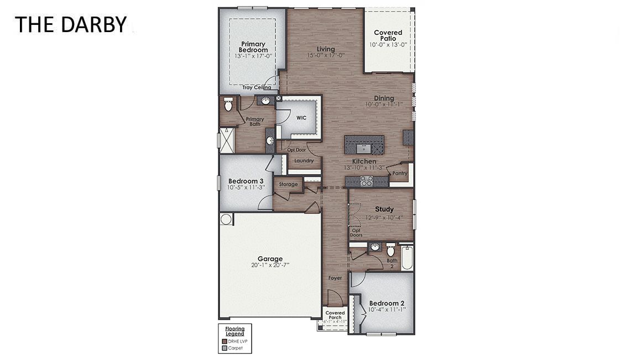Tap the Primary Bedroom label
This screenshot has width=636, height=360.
pyautogui.click(x=253, y=47)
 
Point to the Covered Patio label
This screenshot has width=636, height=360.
pyautogui.click(x=388, y=35)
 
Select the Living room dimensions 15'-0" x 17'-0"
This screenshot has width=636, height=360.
pyautogui.click(x=326, y=55)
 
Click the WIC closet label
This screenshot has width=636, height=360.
pyautogui.click(x=301, y=118)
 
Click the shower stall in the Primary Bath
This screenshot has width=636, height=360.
pyautogui.click(x=227, y=139)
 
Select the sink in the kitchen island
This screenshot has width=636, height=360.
pyautogui.click(x=364, y=147)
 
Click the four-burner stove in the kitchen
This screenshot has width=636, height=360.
pyautogui.click(x=366, y=180)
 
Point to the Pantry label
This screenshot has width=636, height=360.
pyautogui.click(x=399, y=174)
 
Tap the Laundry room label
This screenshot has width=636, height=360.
pyautogui.click(x=304, y=161)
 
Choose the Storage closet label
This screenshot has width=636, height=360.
pyautogui.click(x=288, y=184)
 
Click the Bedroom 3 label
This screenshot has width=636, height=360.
pyautogui.click(x=246, y=181)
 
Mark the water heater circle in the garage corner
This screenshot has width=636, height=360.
pyautogui.click(x=226, y=220)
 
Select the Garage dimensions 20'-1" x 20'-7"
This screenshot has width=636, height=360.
pyautogui.click(x=270, y=265)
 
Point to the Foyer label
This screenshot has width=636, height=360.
pyautogui.click(x=335, y=278)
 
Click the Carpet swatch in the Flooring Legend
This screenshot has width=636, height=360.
pyautogui.click(x=224, y=348)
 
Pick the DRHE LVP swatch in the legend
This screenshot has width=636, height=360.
pyautogui.click(x=224, y=342)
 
